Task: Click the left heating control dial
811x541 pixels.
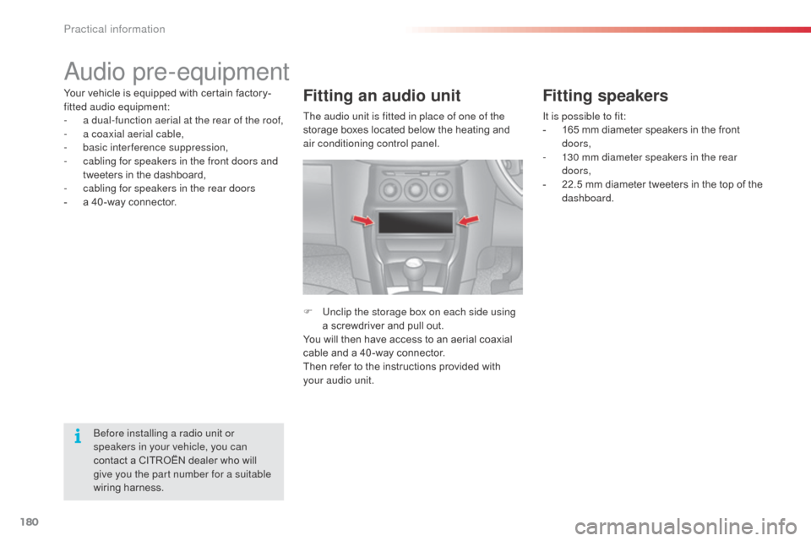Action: [x=389, y=188]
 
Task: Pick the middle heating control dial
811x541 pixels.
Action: [x=416, y=188]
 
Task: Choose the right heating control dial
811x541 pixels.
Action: [x=443, y=188]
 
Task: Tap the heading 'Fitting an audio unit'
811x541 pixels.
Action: [x=381, y=96]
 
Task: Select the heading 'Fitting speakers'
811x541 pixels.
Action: [x=605, y=96]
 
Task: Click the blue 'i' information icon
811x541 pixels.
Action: [x=77, y=436]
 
